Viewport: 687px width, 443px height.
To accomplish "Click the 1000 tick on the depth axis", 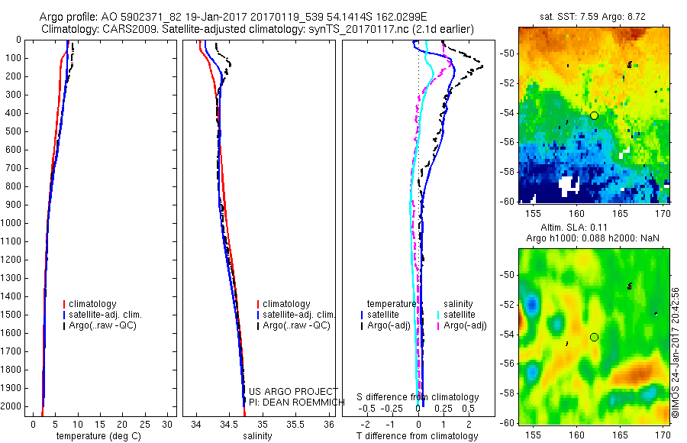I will (x=15, y=223).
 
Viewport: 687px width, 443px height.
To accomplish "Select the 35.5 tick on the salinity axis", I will (x=296, y=425).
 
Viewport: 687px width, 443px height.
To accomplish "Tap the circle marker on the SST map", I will (x=594, y=115).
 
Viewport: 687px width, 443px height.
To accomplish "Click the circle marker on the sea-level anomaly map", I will (x=594, y=337).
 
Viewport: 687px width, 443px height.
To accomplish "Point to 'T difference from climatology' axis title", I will (x=417, y=436).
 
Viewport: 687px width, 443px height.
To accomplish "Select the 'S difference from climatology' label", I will (x=418, y=397).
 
